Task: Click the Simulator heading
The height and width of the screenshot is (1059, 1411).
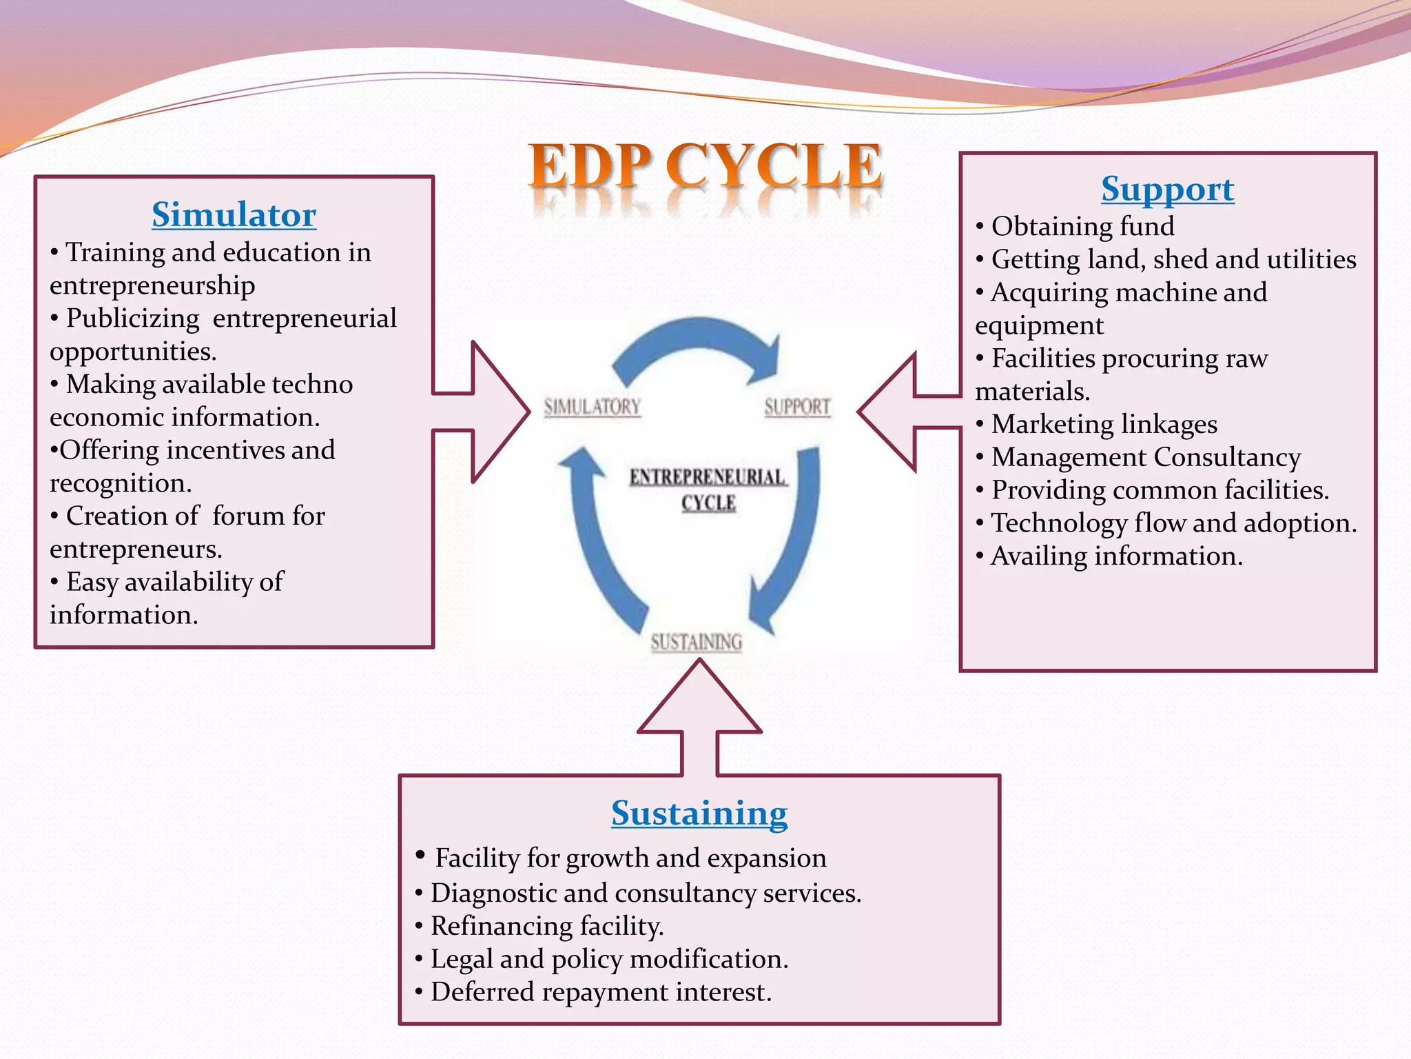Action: (x=234, y=214)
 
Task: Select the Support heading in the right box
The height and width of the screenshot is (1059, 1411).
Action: (x=1167, y=189)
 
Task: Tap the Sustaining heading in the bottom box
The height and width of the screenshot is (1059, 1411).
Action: (x=699, y=813)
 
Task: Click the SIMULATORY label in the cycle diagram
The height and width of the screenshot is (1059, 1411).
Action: (x=593, y=407)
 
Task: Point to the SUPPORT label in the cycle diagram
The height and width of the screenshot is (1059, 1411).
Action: (x=797, y=407)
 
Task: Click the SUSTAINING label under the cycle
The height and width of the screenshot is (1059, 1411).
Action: (x=697, y=643)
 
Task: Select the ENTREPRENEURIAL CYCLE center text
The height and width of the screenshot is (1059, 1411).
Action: (x=708, y=490)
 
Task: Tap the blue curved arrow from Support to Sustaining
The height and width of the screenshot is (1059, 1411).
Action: (x=792, y=538)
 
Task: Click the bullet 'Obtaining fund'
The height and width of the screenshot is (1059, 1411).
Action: (x=1082, y=226)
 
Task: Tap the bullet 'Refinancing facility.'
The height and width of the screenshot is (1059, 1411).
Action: (x=547, y=926)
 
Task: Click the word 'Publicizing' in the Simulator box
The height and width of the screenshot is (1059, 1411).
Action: (x=132, y=319)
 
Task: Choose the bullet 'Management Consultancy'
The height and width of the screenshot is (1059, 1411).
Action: (x=1146, y=457)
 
